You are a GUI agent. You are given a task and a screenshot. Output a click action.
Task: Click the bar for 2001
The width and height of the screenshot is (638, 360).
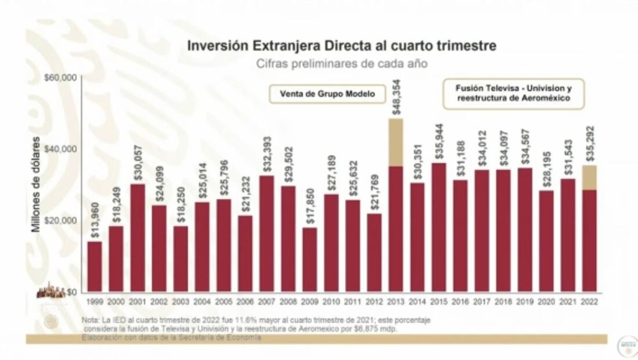[138, 238]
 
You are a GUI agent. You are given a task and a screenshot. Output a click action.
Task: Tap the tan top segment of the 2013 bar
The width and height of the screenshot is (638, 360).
[395, 142]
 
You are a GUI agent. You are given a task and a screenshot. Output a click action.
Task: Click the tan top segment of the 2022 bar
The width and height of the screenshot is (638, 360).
[589, 177]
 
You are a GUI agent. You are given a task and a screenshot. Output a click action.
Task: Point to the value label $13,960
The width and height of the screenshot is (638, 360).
[95, 222]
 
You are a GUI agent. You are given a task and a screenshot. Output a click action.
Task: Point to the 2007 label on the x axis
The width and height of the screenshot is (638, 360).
[266, 302]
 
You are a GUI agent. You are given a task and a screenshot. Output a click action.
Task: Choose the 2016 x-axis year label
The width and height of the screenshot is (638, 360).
[460, 302]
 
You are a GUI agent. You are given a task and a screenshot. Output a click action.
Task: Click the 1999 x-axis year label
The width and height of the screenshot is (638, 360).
[95, 302]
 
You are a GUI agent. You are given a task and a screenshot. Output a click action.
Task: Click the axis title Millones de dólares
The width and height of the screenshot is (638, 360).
[37, 185]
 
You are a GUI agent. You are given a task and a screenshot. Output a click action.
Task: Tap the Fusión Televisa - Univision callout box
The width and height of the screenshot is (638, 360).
[513, 94]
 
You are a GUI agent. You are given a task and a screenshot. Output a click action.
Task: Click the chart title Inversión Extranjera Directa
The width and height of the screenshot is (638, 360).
[341, 45]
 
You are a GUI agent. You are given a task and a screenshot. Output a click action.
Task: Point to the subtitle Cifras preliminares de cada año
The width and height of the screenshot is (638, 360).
[342, 64]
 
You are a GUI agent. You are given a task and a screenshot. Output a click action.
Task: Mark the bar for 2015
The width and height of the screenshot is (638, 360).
[439, 228]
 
